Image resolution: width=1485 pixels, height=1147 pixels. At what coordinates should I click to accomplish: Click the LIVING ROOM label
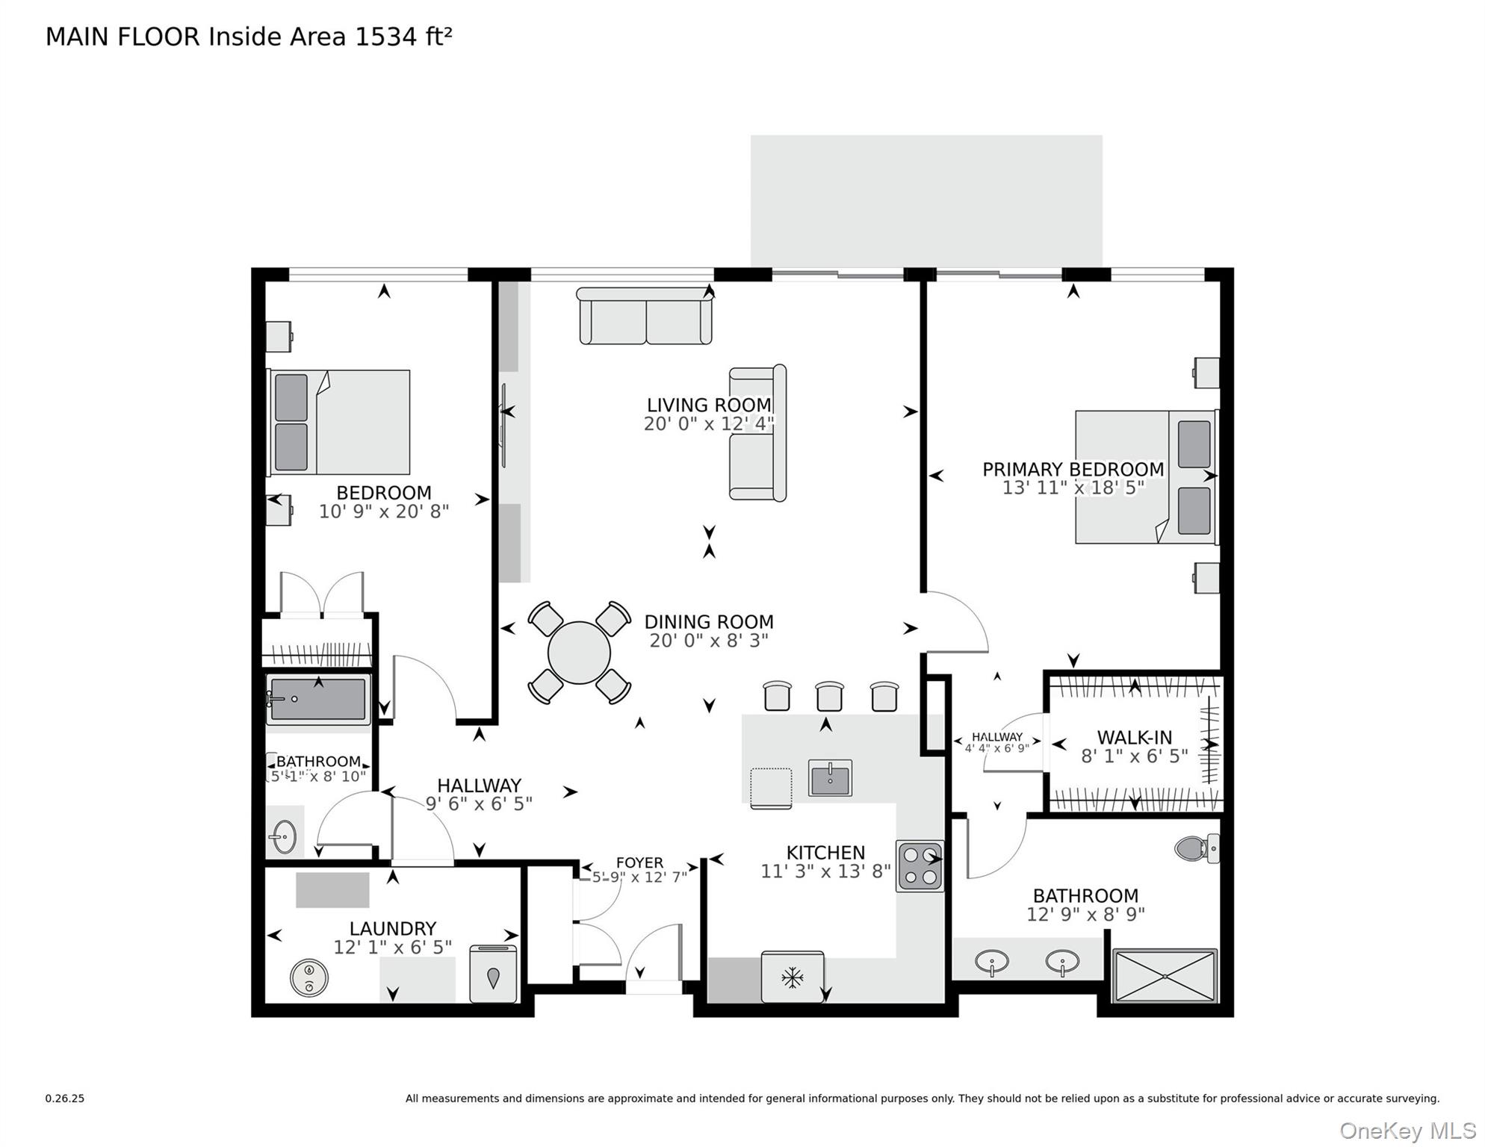click(x=708, y=405)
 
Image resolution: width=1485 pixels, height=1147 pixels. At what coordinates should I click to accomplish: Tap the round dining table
click(x=579, y=653)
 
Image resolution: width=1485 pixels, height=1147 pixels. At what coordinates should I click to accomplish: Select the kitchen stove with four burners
click(x=920, y=866)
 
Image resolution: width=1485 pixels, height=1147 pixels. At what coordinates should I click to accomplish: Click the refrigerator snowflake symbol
click(x=792, y=977)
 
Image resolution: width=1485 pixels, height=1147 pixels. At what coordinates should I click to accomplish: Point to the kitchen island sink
click(x=830, y=778)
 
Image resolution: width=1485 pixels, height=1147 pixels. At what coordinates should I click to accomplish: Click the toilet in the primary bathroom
click(x=1195, y=848)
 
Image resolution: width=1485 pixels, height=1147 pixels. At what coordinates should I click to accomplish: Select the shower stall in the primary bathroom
click(x=1165, y=975)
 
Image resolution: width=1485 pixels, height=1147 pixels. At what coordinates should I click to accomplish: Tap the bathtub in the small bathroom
click(x=319, y=699)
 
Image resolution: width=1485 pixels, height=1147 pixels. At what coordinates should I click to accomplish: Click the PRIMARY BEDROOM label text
click(x=1073, y=469)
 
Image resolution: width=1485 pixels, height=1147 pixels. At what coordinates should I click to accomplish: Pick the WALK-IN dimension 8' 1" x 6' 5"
click(x=1134, y=756)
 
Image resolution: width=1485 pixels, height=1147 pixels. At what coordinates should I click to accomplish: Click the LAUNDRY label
click(x=393, y=928)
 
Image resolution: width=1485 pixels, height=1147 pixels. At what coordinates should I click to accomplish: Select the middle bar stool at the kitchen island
click(x=829, y=696)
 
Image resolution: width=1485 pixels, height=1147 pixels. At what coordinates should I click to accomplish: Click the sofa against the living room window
click(x=645, y=317)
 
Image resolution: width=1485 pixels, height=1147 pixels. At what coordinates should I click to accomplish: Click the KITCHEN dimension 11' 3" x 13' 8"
click(x=825, y=871)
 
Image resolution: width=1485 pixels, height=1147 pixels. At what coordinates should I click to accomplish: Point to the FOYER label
click(x=639, y=862)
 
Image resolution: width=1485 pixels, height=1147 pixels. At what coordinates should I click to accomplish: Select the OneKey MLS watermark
click(x=1407, y=1131)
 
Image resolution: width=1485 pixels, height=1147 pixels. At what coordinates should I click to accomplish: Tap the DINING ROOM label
click(x=708, y=621)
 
